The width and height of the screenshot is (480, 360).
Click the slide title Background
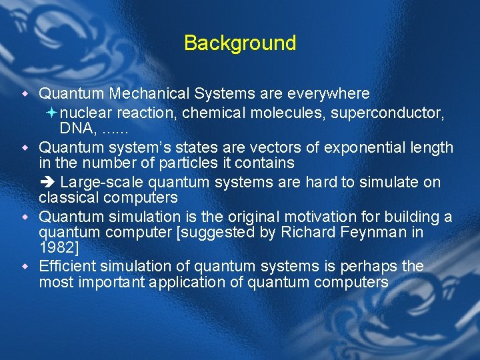click(240, 43)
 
